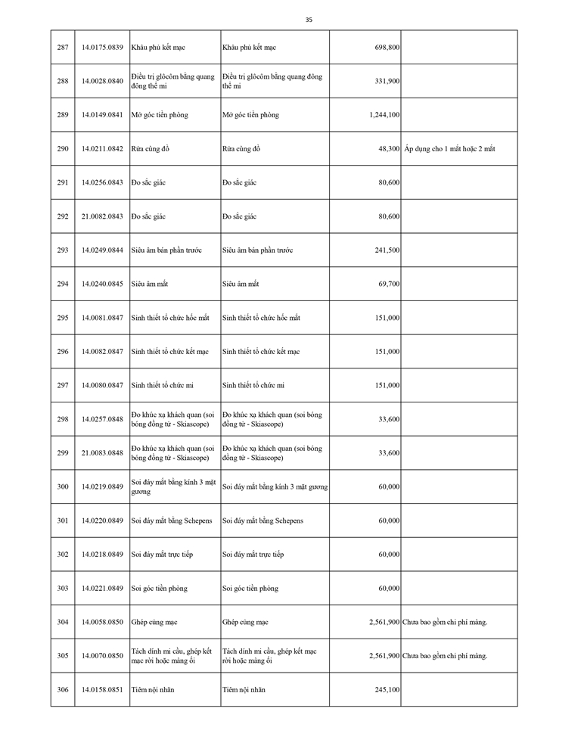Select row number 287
[62, 48]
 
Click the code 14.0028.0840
[101, 81]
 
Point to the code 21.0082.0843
[101, 216]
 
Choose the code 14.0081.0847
[101, 318]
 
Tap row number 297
[62, 385]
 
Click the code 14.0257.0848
[101, 419]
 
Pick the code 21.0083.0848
[101, 452]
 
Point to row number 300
[62, 486]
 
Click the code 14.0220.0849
[101, 520]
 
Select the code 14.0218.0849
[101, 555]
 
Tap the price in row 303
[390, 588]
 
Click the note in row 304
[446, 622]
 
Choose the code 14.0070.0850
[101, 656]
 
